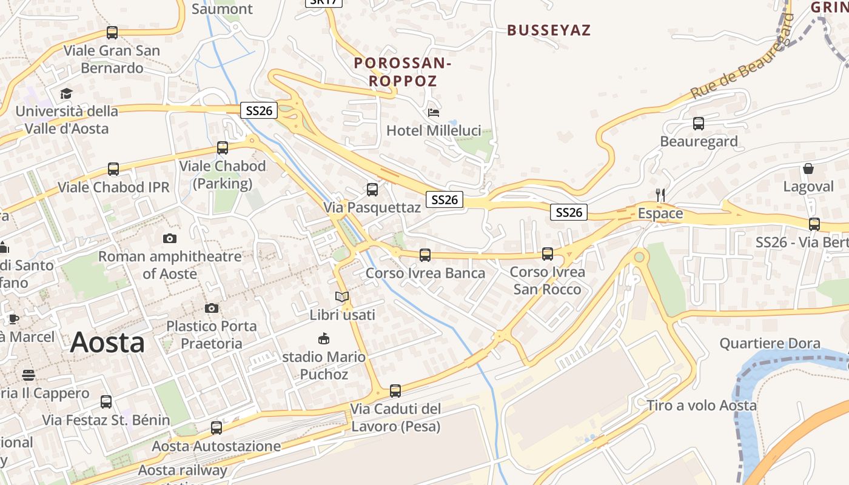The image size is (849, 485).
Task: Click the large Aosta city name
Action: (x=107, y=343)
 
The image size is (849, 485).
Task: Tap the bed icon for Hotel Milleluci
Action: (x=434, y=113)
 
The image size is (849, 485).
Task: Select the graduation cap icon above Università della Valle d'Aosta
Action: (x=66, y=93)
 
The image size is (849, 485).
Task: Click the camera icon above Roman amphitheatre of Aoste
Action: (x=170, y=238)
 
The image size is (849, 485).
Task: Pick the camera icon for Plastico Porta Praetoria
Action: (x=212, y=308)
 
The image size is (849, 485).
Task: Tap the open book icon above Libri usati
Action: (x=342, y=296)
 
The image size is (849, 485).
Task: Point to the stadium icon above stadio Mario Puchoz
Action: (x=324, y=338)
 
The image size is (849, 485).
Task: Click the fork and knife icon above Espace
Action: (x=660, y=195)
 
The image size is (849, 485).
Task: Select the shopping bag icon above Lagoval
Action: (x=808, y=169)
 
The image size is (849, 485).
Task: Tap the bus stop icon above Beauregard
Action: (x=699, y=124)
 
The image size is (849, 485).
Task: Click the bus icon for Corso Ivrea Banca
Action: (x=425, y=255)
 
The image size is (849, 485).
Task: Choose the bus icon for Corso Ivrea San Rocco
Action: (x=548, y=253)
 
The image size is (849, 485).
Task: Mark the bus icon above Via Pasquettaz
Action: (x=372, y=189)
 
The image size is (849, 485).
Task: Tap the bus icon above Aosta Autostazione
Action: (x=216, y=428)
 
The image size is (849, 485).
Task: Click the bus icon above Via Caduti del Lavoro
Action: (x=395, y=390)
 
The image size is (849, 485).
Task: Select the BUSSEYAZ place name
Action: (x=549, y=30)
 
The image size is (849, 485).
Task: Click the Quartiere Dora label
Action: (x=770, y=343)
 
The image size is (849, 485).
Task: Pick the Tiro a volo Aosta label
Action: (x=702, y=405)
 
